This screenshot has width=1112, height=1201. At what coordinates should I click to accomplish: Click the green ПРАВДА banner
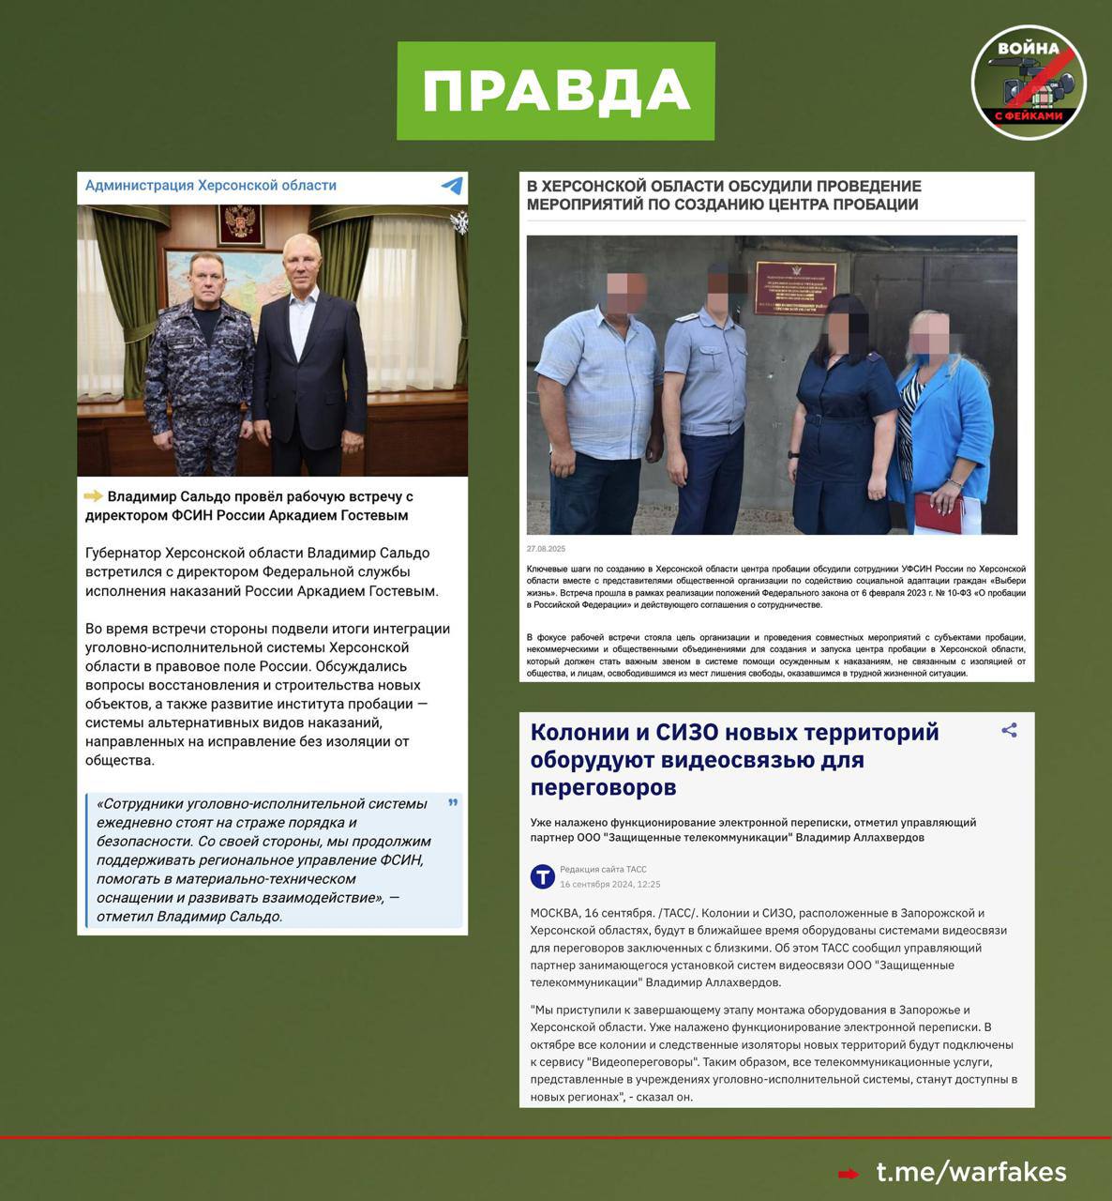pyautogui.click(x=555, y=91)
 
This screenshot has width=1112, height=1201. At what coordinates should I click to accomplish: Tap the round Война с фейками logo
pyautogui.click(x=1029, y=83)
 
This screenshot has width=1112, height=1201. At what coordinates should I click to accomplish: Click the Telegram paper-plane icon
pyautogui.click(x=452, y=186)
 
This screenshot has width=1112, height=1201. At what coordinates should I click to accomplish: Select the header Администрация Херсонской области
pyautogui.click(x=211, y=186)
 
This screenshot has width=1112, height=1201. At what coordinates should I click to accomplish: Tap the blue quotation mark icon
pyautogui.click(x=454, y=803)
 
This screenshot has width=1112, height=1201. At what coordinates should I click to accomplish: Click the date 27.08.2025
pyautogui.click(x=546, y=549)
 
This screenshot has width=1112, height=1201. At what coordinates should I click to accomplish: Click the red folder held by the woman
pyautogui.click(x=939, y=512)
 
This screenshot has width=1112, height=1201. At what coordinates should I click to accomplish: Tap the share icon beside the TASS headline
pyautogui.click(x=1009, y=730)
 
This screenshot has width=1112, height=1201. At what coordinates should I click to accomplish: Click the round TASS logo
pyautogui.click(x=543, y=876)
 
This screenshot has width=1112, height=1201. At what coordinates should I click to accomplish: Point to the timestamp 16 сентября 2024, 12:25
pyautogui.click(x=609, y=884)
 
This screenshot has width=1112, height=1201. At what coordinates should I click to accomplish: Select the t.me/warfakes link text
pyautogui.click(x=971, y=1172)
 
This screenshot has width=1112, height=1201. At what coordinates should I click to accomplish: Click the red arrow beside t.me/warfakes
pyautogui.click(x=848, y=1174)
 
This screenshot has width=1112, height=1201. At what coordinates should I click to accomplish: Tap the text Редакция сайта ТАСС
pyautogui.click(x=603, y=869)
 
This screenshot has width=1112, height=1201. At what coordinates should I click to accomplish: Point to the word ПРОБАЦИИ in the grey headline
pyautogui.click(x=864, y=205)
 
